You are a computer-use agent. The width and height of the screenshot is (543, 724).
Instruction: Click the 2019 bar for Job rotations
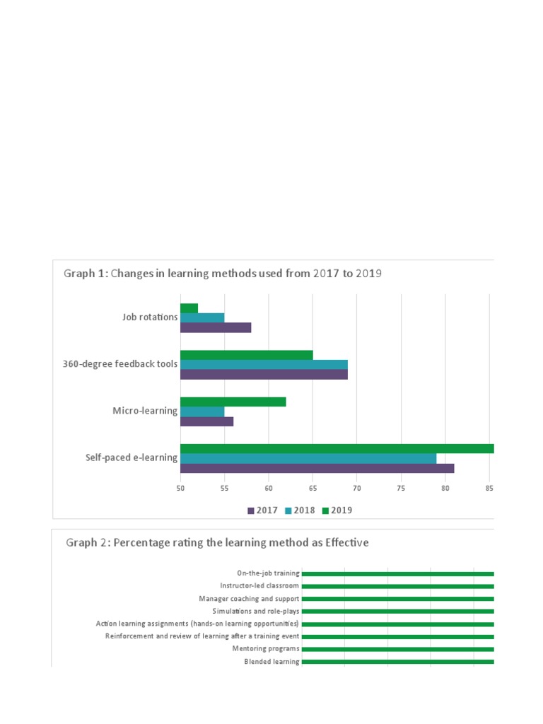click(x=189, y=308)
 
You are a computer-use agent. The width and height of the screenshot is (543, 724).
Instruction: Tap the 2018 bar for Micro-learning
click(x=202, y=411)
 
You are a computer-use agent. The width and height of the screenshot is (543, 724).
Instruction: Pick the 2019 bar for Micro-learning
click(x=233, y=402)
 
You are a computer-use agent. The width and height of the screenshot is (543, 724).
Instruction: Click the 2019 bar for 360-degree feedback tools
click(x=246, y=355)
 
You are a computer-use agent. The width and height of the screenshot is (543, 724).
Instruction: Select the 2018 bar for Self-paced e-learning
click(x=308, y=458)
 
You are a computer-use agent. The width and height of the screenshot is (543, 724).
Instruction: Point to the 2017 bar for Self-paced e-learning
click(x=317, y=468)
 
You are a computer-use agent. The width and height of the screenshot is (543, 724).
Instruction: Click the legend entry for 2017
click(x=262, y=510)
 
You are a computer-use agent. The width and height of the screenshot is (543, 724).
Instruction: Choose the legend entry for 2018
click(x=300, y=510)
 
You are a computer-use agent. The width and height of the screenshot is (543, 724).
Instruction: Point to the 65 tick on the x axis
click(x=313, y=488)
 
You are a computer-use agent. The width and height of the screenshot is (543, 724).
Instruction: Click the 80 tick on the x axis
click(x=445, y=488)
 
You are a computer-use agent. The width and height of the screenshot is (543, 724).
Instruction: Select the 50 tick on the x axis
click(x=180, y=488)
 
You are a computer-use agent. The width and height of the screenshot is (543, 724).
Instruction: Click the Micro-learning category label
click(x=145, y=411)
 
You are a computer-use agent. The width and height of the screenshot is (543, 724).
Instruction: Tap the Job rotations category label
click(x=150, y=317)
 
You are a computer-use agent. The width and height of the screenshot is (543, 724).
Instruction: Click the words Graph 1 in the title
click(x=86, y=274)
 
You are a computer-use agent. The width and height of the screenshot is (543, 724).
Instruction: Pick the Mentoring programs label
click(x=266, y=649)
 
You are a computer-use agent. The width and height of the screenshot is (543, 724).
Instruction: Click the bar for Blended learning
click(x=397, y=662)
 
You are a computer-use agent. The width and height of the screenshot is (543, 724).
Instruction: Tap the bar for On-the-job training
click(x=397, y=573)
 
